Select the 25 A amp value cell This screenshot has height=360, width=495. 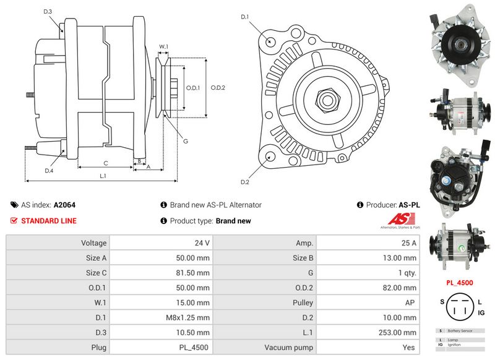368,243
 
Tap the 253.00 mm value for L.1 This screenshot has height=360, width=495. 368,332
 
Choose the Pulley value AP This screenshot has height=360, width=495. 368,302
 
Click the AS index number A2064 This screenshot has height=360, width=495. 64,205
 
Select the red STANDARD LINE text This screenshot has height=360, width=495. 49,221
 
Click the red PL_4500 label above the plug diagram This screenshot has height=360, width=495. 460,283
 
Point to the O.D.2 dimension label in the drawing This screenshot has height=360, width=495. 217,87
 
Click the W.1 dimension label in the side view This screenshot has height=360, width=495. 163,47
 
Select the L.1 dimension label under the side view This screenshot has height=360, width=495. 103,176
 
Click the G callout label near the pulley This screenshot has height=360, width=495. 185,140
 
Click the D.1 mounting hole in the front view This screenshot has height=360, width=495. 270,41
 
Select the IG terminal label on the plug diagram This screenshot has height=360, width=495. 481,313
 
